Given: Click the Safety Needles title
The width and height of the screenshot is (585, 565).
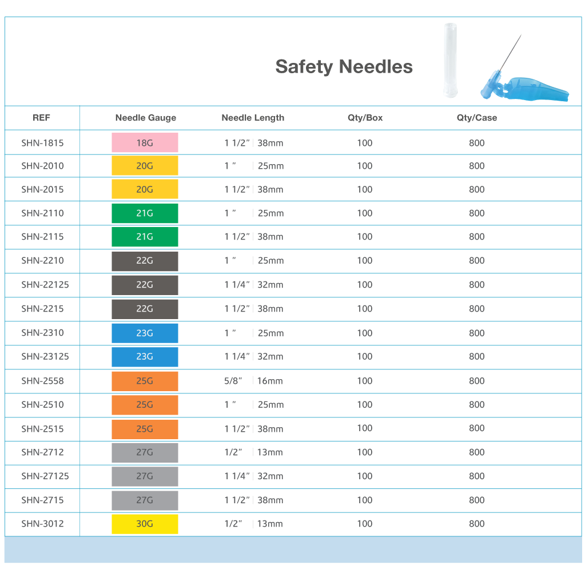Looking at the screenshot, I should tap(344, 66).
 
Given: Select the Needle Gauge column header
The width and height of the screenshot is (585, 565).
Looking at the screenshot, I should tap(145, 118).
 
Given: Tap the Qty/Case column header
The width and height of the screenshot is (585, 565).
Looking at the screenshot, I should tap(476, 118).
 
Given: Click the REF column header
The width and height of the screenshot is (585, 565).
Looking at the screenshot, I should tap(41, 118).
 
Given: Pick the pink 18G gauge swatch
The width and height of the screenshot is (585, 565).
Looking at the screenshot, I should tap(145, 142).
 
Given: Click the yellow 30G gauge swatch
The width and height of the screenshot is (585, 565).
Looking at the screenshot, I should tap(145, 524).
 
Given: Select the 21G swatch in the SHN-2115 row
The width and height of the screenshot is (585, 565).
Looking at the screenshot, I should tap(145, 237).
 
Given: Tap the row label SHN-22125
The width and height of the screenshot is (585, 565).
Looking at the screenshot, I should tap(45, 285).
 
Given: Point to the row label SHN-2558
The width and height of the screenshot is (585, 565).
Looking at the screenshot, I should tap(42, 381).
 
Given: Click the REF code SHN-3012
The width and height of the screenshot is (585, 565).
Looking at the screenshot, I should tap(42, 524).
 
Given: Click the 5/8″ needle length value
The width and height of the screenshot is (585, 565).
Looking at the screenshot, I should tap(233, 381).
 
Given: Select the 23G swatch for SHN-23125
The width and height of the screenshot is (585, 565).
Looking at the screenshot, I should tap(145, 357).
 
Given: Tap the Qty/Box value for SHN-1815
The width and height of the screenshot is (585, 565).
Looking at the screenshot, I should tap(364, 143).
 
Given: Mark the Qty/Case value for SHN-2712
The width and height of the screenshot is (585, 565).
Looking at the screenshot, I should tap(476, 452).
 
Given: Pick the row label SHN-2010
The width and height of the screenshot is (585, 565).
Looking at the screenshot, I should tap(42, 166).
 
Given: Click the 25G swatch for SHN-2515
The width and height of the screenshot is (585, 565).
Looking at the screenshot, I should tap(145, 429).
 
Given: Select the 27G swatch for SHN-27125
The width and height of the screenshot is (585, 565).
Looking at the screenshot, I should tap(145, 476).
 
